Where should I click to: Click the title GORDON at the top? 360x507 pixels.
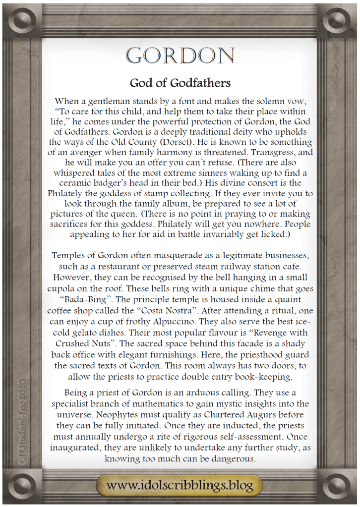[180, 56]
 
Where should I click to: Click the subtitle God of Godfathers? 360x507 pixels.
[180, 82]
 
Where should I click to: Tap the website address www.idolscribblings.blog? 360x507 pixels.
[180, 484]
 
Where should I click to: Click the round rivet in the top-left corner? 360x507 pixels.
[21, 21]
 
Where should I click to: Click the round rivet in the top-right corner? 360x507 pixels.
[339, 21]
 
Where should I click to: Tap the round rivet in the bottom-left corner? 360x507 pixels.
[21, 485]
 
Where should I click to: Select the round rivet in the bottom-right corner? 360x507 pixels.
[339, 485]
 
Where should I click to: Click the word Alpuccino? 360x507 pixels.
[196, 321]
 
